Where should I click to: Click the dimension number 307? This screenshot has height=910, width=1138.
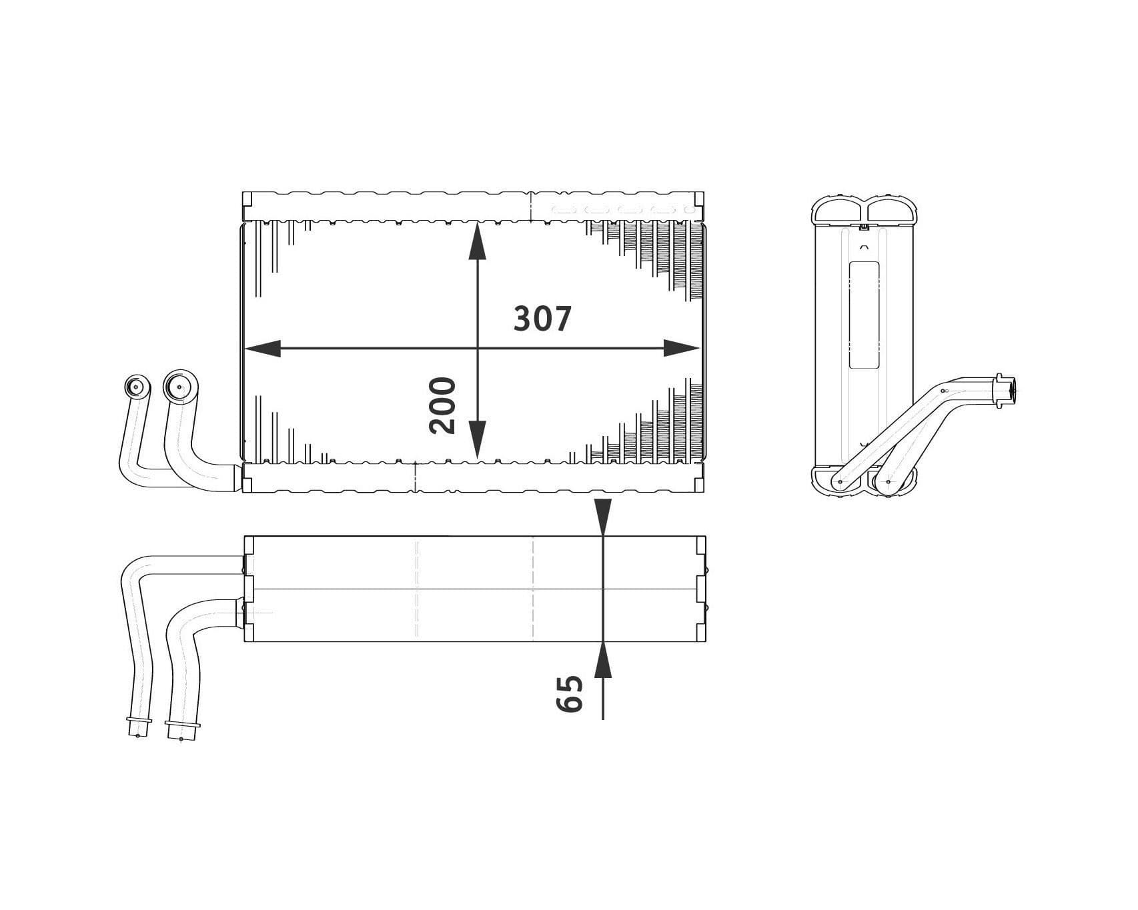(542, 319)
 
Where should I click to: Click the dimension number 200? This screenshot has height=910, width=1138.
(442, 405)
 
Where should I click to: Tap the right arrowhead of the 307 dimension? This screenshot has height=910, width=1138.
(681, 348)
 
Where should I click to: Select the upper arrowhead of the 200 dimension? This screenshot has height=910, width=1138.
(476, 243)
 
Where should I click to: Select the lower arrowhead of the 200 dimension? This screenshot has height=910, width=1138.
(476, 440)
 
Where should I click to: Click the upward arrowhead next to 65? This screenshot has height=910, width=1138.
(602, 661)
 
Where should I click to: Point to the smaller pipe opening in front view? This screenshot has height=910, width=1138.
(137, 387)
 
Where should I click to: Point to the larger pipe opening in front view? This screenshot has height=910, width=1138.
(179, 385)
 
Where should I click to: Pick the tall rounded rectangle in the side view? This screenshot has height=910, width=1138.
(864, 315)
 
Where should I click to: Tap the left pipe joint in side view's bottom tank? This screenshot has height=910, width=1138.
(839, 481)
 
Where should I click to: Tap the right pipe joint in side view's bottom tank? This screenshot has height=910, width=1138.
(889, 481)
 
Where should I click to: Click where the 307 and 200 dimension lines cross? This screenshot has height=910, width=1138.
(476, 348)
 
